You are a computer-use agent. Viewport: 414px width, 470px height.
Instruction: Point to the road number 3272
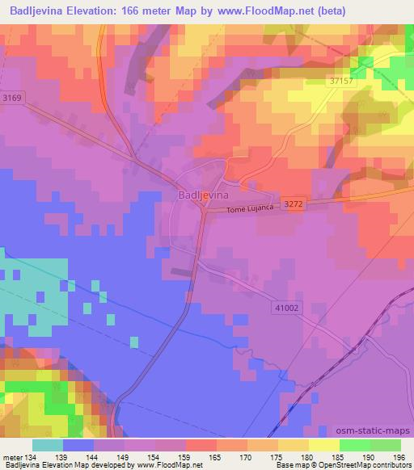pos(293,204)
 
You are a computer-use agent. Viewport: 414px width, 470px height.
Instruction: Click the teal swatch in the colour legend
pos(48,445)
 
